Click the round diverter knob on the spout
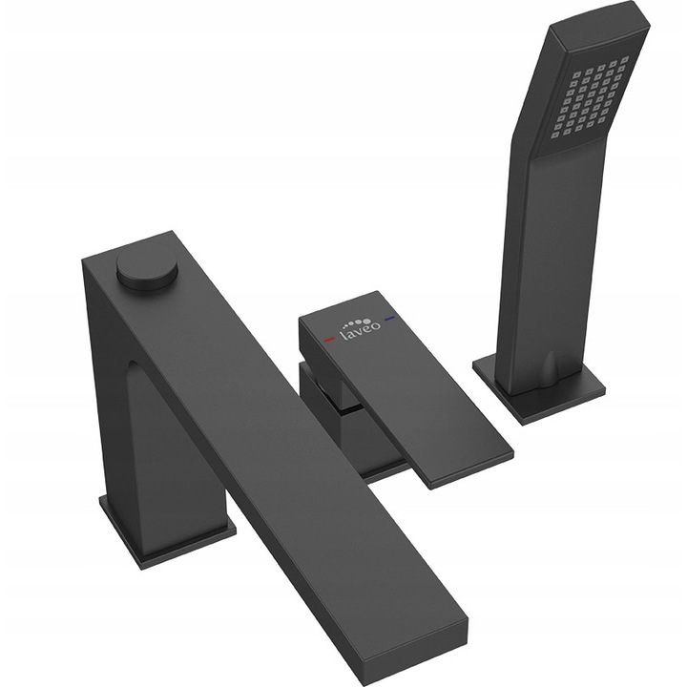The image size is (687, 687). coord(148,267)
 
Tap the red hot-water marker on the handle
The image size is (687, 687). coord(327,340)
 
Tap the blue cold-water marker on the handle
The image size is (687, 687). coord(389,318)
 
